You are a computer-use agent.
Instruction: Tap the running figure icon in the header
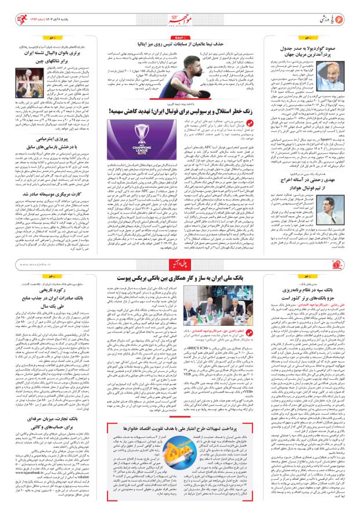pos(12,11)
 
